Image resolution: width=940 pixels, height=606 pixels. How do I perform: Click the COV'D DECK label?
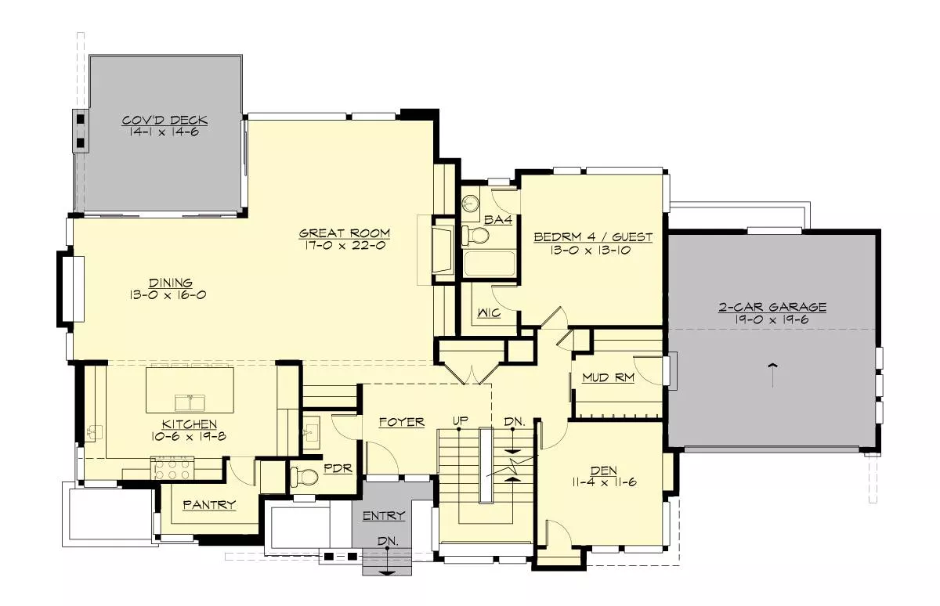(x=165, y=121)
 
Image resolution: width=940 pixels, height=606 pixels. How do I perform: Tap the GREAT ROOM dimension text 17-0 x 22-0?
(x=344, y=245)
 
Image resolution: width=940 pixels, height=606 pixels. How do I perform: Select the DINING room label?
(x=171, y=283)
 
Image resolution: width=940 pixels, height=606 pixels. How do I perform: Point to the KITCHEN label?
(x=190, y=424)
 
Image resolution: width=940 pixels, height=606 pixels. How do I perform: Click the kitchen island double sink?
(x=190, y=402)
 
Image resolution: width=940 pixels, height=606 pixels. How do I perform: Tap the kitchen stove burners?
(x=172, y=469)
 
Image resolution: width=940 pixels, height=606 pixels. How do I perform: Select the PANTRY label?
(x=209, y=504)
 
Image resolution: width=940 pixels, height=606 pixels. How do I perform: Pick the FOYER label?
(x=402, y=422)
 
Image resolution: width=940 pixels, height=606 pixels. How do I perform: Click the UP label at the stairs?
(x=461, y=420)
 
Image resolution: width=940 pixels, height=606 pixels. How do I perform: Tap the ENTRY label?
(x=384, y=515)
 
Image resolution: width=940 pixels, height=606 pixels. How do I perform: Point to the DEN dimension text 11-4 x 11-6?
(x=604, y=482)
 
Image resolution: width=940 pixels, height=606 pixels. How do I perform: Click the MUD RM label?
(x=608, y=378)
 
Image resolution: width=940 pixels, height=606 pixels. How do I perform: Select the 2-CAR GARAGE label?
(x=772, y=307)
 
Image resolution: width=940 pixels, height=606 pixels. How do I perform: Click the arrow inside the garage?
(x=772, y=376)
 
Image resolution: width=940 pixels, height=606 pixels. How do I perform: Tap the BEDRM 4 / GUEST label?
(x=593, y=237)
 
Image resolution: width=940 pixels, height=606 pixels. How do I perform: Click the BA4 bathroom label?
(x=497, y=220)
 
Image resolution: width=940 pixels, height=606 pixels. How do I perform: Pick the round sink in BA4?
(x=471, y=204)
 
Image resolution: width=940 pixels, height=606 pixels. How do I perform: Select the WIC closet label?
(x=490, y=312)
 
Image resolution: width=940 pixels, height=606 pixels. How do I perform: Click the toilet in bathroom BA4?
(x=475, y=235)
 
